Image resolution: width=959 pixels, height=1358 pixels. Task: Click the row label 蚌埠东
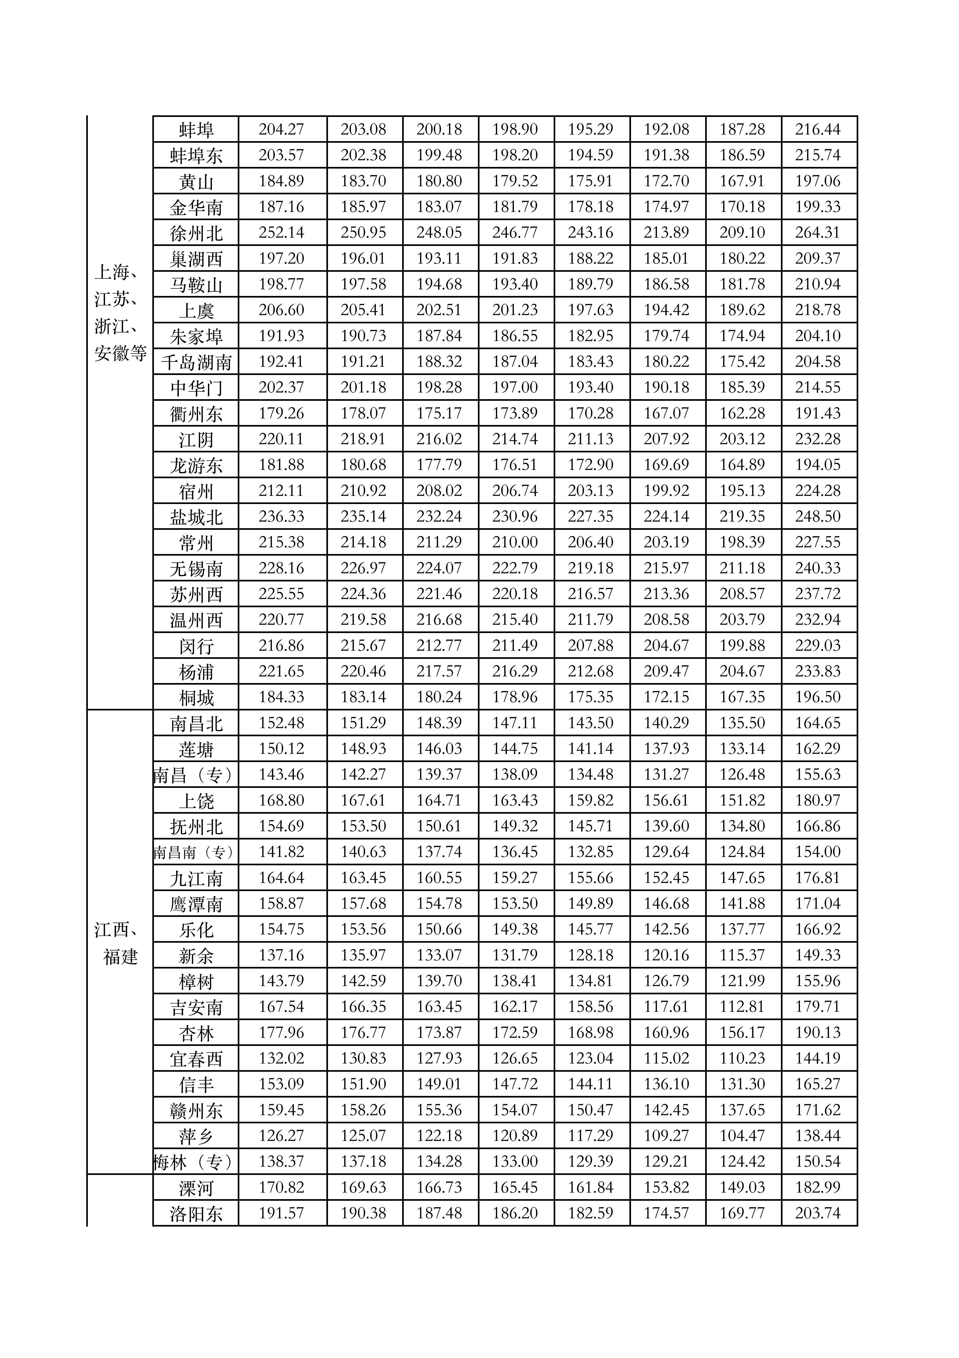(x=196, y=156)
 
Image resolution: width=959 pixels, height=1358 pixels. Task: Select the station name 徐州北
(x=196, y=233)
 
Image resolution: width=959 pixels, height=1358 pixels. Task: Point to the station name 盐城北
(x=196, y=517)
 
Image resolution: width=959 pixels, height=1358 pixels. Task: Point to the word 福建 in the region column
(x=121, y=956)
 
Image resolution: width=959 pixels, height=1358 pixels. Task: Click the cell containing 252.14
(x=282, y=233)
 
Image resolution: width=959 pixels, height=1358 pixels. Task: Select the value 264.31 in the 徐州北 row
(x=818, y=233)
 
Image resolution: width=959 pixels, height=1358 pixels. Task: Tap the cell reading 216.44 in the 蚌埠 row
(x=818, y=129)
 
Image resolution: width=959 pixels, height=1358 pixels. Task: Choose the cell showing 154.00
(x=818, y=852)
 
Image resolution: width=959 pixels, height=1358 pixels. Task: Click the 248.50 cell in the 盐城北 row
(x=818, y=516)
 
